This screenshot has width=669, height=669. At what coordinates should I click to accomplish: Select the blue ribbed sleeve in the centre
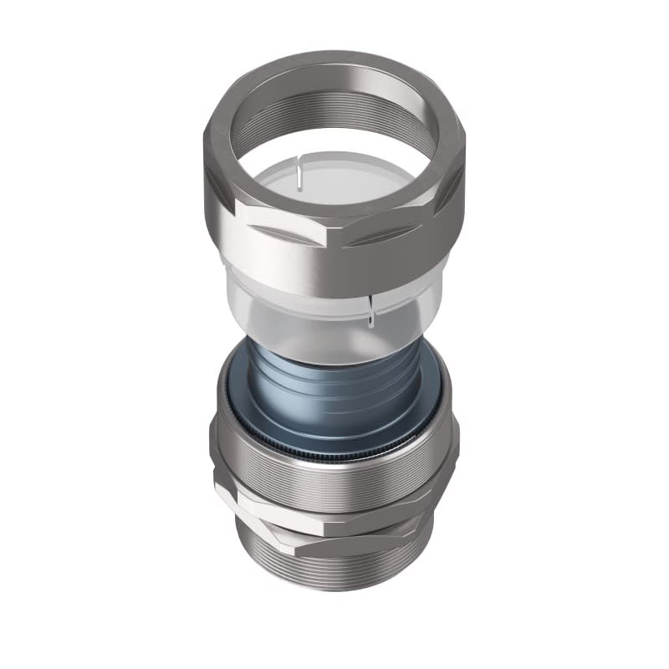pos(334,393)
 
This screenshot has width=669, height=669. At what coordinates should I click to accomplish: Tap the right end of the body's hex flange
pos(431,502)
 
